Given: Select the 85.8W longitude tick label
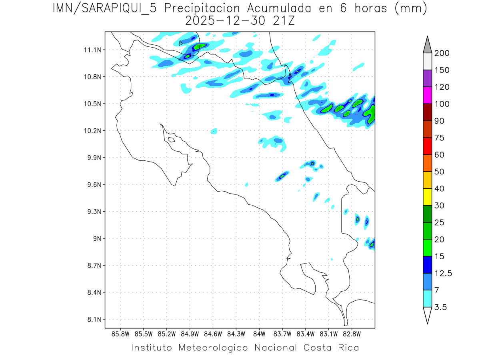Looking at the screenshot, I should click(x=121, y=334).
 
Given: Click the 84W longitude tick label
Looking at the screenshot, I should click(x=259, y=334).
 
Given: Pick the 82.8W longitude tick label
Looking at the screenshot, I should click(x=352, y=334).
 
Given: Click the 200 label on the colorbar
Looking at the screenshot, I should click(x=442, y=53).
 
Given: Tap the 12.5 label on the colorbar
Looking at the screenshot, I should click(x=443, y=273).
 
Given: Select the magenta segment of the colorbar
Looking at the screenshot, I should click(x=427, y=95).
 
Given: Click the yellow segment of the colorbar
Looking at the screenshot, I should click(x=427, y=197).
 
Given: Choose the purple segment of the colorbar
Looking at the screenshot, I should click(x=427, y=78).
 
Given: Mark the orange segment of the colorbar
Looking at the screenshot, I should click(x=427, y=163).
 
